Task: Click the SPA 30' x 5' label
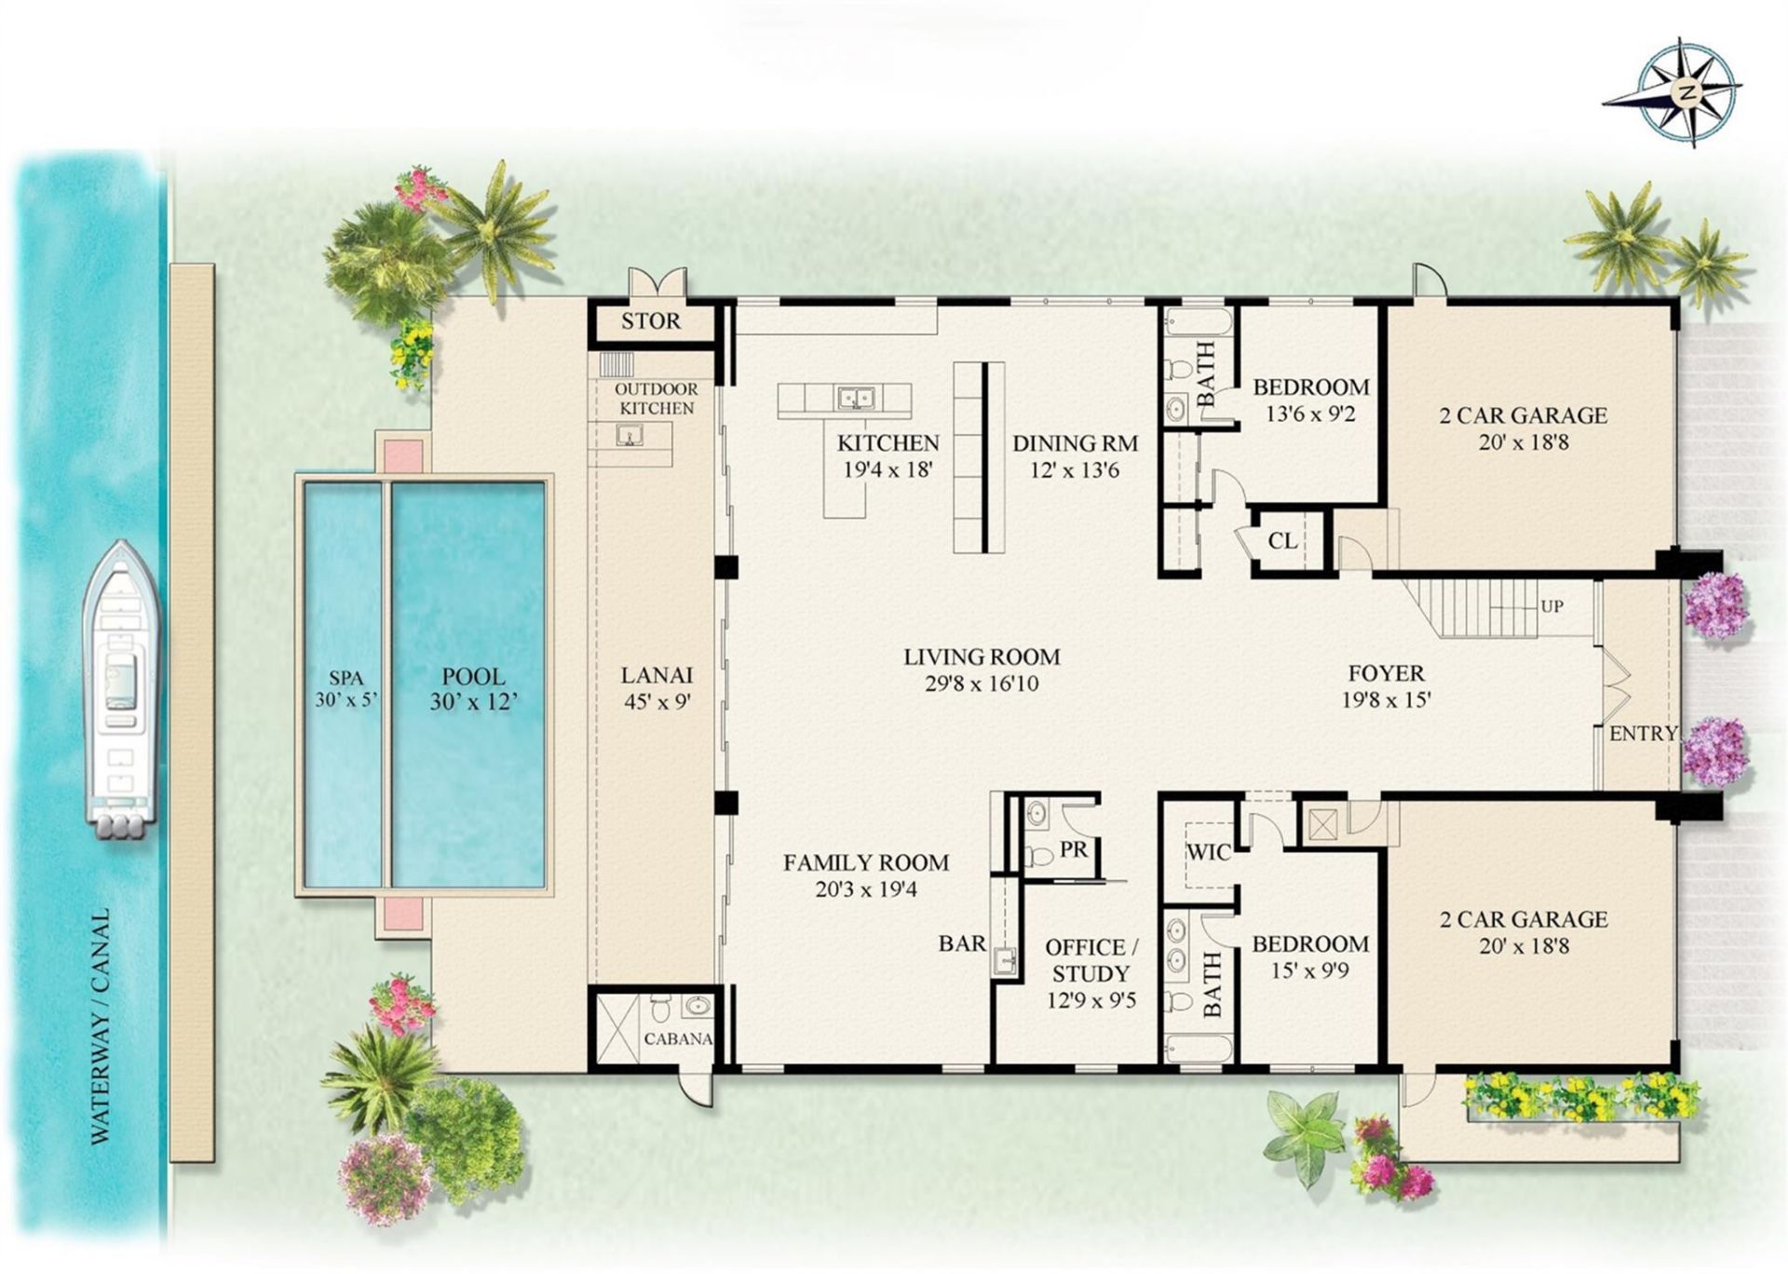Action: tap(345, 689)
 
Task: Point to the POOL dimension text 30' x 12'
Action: tap(473, 702)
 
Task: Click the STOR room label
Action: tap(651, 322)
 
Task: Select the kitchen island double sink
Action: tap(855, 399)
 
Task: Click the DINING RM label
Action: tap(1075, 444)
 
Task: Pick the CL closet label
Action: tap(1282, 541)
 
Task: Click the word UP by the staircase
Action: tap(1551, 606)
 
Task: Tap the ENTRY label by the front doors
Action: tap(1643, 734)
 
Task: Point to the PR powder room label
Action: tap(1074, 850)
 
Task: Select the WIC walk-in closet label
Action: tap(1208, 852)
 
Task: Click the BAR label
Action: tap(962, 944)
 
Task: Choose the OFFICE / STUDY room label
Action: tap(1090, 960)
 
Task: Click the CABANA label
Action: tap(677, 1039)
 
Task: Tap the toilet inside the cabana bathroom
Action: tap(660, 1010)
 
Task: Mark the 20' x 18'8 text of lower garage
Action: tap(1523, 946)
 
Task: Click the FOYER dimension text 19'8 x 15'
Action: tap(1386, 700)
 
